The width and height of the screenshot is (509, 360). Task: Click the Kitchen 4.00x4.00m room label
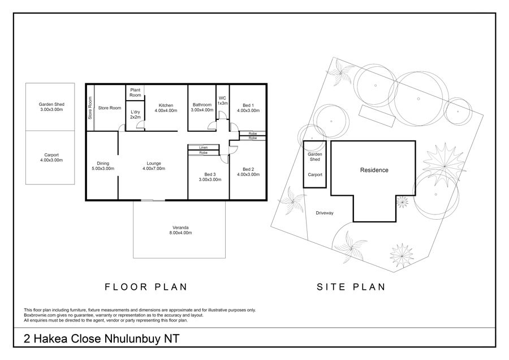(x=166, y=108)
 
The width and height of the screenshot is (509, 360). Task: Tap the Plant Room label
(x=135, y=93)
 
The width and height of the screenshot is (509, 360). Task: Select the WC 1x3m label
(x=222, y=100)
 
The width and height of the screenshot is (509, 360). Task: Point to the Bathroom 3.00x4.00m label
(x=202, y=107)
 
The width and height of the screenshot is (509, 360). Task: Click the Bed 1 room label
(x=248, y=108)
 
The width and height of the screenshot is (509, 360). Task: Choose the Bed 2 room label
(x=248, y=172)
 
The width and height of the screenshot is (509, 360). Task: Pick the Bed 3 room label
(x=210, y=177)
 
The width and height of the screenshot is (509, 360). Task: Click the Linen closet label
(x=204, y=148)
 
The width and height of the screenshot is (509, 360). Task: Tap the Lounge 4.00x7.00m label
(x=154, y=166)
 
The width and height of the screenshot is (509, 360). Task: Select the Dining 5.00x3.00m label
(x=103, y=166)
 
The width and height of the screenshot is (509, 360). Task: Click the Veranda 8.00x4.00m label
(x=180, y=230)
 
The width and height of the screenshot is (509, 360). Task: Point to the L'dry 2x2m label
(x=135, y=114)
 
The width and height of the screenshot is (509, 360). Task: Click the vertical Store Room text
(x=90, y=108)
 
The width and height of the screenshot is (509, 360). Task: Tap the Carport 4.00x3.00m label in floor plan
(x=51, y=157)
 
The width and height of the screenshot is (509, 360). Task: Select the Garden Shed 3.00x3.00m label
(x=51, y=107)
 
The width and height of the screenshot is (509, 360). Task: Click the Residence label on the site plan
(x=374, y=170)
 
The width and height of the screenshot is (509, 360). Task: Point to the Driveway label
(x=325, y=213)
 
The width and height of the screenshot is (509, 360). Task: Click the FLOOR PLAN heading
(x=146, y=287)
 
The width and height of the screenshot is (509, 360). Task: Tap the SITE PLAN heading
(x=351, y=287)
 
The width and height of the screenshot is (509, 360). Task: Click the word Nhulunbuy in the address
(x=133, y=339)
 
